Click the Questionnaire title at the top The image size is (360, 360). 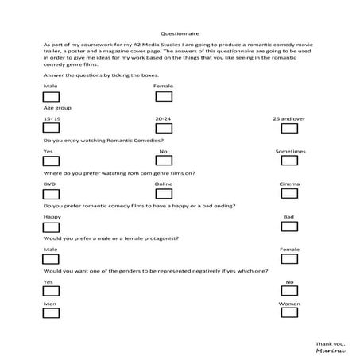click(x=180, y=34)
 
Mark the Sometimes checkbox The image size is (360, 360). click(x=289, y=161)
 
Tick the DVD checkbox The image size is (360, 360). click(x=52, y=194)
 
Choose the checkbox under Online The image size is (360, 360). click(x=164, y=194)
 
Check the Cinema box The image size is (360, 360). click(x=289, y=194)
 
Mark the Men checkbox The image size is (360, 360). click(x=52, y=314)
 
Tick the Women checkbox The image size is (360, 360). click(x=289, y=314)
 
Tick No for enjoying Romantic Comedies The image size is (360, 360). click(x=164, y=161)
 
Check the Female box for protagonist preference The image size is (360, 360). click(x=289, y=260)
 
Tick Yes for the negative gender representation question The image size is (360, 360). click(x=52, y=292)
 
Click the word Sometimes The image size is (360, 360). click(x=289, y=151)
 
